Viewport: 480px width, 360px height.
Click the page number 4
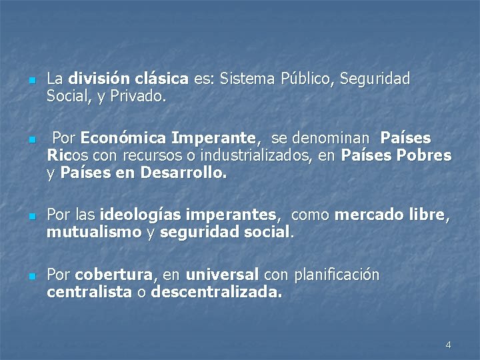(448, 345)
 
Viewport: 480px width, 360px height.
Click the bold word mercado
(367, 215)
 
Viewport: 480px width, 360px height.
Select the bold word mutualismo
(94, 233)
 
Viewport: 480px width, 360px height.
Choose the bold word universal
(222, 275)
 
